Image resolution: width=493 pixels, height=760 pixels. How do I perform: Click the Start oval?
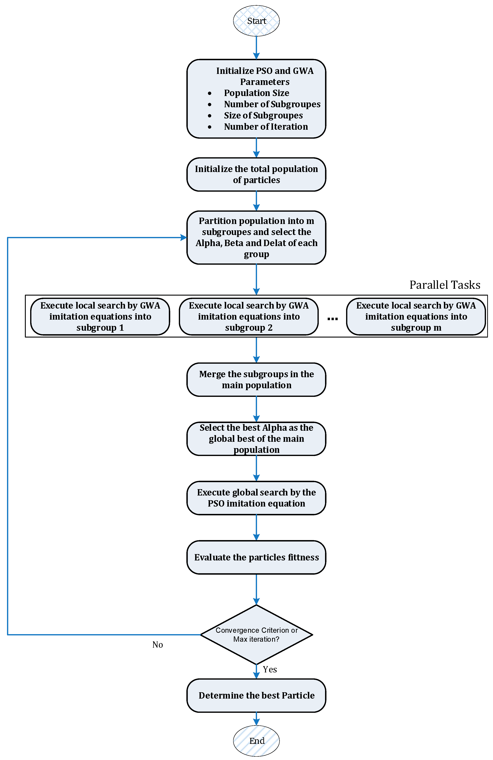coord(256,21)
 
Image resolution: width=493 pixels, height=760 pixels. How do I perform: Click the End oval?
coord(256,741)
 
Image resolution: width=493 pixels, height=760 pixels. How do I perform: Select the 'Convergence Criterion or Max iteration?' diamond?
coord(256,635)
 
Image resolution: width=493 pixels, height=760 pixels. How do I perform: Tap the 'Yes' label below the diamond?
coord(270,669)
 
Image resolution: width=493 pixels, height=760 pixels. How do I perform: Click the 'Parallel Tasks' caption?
coord(445,285)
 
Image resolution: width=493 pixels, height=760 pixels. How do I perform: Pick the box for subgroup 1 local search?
coord(100,316)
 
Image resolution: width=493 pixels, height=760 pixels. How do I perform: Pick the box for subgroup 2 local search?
coord(249,316)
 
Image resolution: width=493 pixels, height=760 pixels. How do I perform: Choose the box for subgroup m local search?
coord(416,316)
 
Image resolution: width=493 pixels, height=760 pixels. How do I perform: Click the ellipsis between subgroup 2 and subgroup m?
coord(333,319)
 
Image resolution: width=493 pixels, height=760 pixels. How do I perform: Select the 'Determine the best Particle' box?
coord(256,695)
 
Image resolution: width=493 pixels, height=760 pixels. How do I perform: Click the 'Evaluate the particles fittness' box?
coord(256,557)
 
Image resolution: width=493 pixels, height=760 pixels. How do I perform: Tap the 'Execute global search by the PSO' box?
coord(256,498)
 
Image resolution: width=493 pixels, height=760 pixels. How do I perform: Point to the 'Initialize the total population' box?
coord(256,174)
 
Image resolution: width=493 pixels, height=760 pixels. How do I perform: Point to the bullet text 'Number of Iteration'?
coord(266,127)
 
